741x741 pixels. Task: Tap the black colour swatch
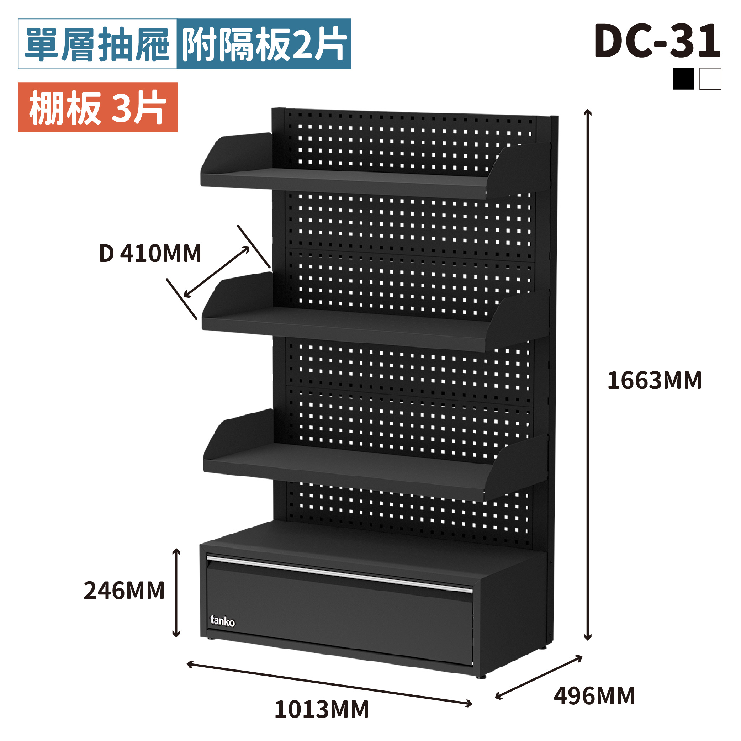pyautogui.click(x=683, y=79)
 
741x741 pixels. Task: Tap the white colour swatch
pyautogui.click(x=710, y=79)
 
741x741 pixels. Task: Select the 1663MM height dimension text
pyautogui.click(x=654, y=381)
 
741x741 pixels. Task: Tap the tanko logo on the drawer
pyautogui.click(x=222, y=620)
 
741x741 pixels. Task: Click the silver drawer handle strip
pyautogui.click(x=339, y=573)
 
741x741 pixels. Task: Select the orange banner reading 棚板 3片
pyautogui.click(x=97, y=107)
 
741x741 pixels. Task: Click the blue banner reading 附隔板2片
pyautogui.click(x=264, y=44)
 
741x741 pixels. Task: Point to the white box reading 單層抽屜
pyautogui.click(x=97, y=44)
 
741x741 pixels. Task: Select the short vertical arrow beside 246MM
pyautogui.click(x=176, y=593)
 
